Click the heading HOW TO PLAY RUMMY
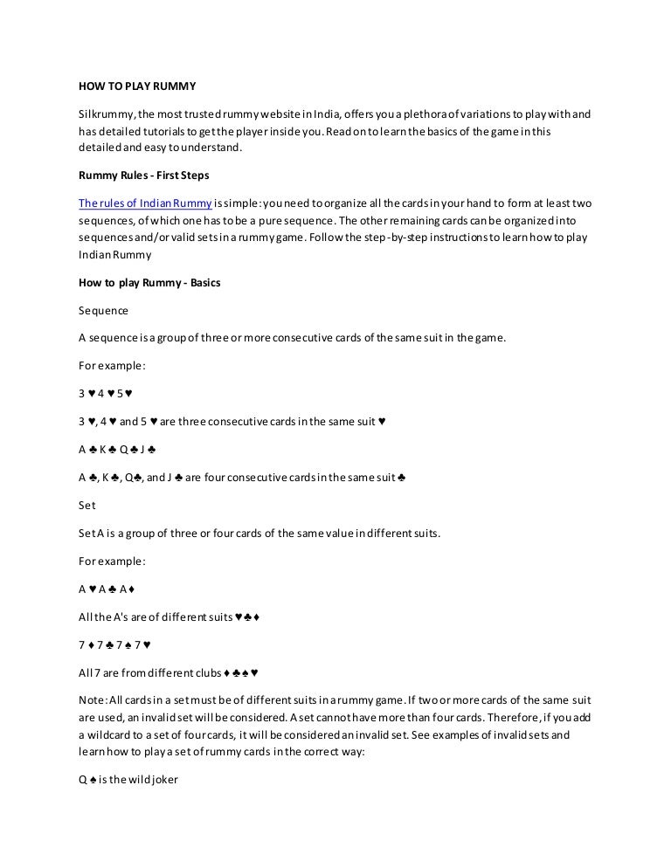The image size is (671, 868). point(137,86)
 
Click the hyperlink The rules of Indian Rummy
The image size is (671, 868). point(145,203)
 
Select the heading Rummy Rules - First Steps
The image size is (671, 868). point(144,175)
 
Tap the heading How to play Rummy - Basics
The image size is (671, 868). point(149,283)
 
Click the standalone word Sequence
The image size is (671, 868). point(103,310)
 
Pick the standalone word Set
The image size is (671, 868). point(87,505)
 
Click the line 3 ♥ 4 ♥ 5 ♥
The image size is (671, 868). point(106,392)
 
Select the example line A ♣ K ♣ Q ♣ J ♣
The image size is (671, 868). point(117,450)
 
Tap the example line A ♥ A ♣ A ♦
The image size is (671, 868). point(106,589)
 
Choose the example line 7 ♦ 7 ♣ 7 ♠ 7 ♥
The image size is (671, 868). point(115,644)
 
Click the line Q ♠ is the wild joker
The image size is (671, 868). point(128,780)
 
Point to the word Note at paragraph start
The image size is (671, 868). point(92,699)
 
